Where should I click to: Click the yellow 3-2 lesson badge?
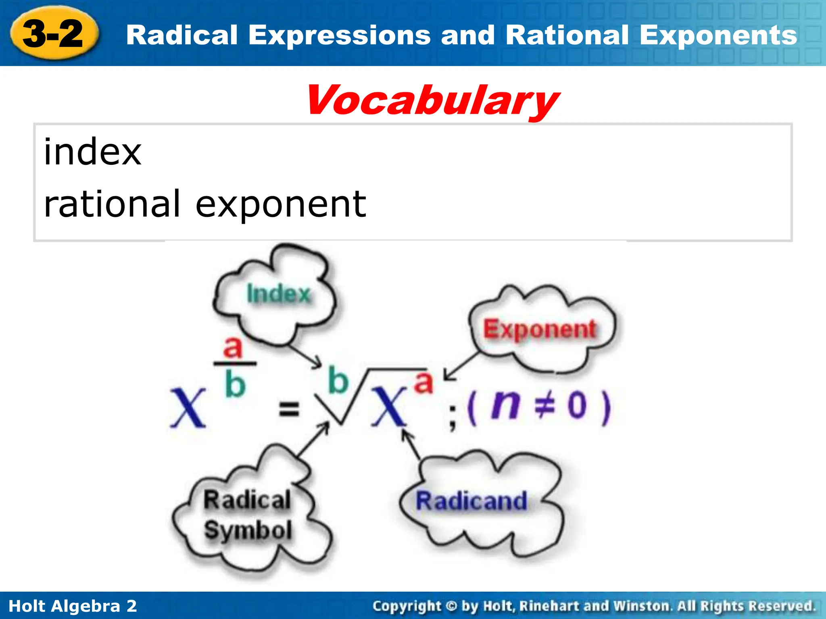click(53, 34)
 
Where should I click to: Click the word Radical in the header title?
click(181, 35)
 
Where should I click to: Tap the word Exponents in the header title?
click(718, 35)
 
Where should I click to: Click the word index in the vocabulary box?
click(92, 152)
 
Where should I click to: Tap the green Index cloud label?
click(278, 293)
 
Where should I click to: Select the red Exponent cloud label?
click(540, 329)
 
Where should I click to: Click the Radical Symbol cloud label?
click(247, 515)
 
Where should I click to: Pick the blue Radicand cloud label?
click(471, 501)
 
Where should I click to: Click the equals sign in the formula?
click(289, 409)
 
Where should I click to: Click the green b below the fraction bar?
click(235, 384)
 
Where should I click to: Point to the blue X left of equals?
click(188, 408)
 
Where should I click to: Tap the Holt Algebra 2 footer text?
click(73, 606)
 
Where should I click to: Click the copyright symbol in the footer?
click(452, 606)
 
